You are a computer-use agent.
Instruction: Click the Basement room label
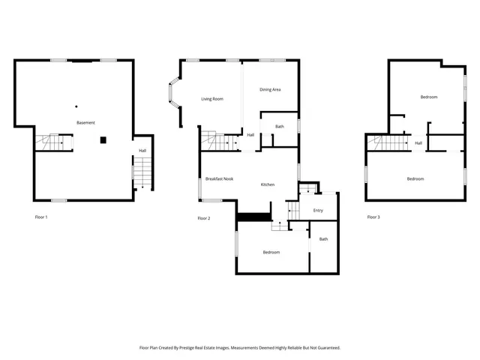coord(85,122)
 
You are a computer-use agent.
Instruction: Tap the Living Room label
coord(212,99)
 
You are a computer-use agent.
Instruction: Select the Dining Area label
coord(270,90)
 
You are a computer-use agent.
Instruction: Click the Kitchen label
coord(268,184)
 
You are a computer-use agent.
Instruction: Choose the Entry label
coord(318,210)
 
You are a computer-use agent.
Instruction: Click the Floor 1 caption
coord(41,217)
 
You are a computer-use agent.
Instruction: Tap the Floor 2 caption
coord(204,218)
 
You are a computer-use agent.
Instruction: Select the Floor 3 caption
coord(373,217)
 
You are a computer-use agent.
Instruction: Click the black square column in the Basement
coord(103,139)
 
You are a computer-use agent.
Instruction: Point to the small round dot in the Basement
coord(76,106)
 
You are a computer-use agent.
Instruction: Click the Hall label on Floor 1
coord(142,151)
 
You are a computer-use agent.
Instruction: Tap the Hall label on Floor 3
coord(418,142)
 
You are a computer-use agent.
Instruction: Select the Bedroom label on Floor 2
coord(271,252)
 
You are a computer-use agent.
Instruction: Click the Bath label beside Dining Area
coord(280,126)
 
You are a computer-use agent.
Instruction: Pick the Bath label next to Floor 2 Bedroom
coord(324,239)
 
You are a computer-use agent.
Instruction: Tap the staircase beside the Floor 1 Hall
coord(142,173)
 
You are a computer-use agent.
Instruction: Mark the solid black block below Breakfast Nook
coord(253,217)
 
